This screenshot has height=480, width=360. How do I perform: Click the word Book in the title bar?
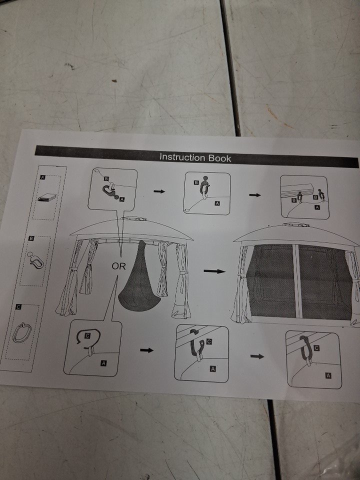coord(219,158)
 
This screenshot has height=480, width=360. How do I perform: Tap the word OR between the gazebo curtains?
coord(119,266)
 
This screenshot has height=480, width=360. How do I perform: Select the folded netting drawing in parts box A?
coord(47,197)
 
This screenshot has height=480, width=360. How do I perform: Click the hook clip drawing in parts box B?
coord(35,260)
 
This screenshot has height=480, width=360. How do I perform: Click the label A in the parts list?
coord(43,177)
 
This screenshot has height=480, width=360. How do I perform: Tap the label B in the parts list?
coord(31,238)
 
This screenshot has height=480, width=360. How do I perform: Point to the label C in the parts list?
coord(18,306)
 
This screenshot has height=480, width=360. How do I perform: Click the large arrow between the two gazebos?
coord(214,271)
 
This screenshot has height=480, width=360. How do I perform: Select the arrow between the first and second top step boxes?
coord(159,191)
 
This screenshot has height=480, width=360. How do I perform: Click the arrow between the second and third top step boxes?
coord(254,195)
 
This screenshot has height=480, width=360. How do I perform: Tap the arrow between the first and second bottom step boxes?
coord(146,350)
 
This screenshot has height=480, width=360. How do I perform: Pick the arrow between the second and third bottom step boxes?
coord(257,356)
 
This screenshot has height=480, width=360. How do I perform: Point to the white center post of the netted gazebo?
coord(297,281)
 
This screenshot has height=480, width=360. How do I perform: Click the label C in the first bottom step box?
coord(87,336)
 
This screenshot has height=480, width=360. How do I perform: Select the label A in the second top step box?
coord(217,203)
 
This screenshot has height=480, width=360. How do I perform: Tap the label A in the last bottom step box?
coord(328,375)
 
